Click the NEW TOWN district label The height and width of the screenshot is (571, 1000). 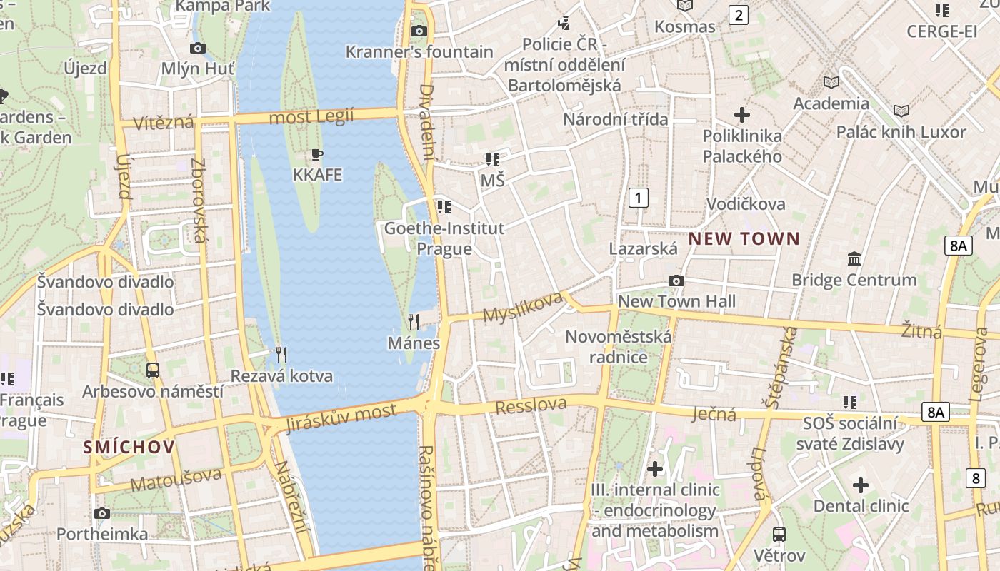pos(744,238)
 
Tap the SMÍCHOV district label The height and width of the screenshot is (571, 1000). pos(129,447)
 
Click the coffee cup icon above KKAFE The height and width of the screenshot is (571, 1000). pos(317,154)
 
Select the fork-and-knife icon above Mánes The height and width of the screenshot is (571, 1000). pos(413,322)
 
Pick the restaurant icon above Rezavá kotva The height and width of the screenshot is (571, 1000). pos(281,355)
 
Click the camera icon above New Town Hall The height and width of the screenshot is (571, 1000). pos(676,281)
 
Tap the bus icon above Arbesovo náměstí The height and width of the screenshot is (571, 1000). pos(152,370)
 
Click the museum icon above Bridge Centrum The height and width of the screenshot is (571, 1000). pos(854,258)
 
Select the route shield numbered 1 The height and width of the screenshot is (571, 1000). pos(638,198)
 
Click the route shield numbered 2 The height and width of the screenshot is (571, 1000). pos(738,14)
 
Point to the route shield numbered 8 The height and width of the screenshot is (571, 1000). pos(976,477)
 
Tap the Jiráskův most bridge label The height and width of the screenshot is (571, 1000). pos(340,418)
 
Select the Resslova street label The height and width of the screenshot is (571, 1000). pos(531,405)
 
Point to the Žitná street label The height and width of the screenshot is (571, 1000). pos(921,330)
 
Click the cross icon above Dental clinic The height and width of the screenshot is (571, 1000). pos(861,485)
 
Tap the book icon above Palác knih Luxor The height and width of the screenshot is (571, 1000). pos(901,111)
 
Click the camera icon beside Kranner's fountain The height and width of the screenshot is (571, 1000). pos(419,31)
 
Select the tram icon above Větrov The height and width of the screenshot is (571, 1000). pos(779,534)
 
